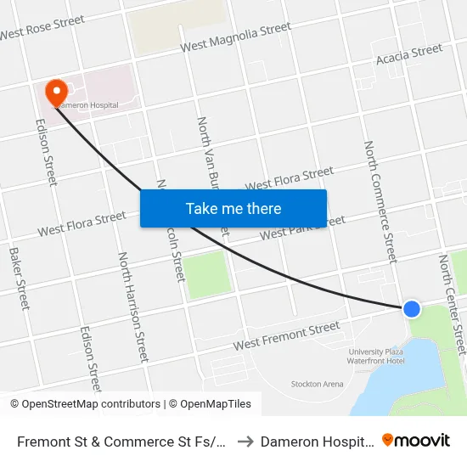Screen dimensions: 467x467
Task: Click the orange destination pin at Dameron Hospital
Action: pyautogui.click(x=57, y=92)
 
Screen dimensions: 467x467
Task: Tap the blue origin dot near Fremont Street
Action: pyautogui.click(x=412, y=308)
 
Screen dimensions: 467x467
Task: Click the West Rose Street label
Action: pyautogui.click(x=42, y=27)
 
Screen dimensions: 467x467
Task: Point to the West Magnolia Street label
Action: pyautogui.click(x=236, y=38)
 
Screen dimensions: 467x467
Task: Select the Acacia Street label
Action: pyautogui.click(x=409, y=55)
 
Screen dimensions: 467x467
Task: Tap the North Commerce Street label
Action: pyautogui.click(x=380, y=201)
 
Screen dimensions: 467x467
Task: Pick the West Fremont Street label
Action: pyautogui.click(x=286, y=336)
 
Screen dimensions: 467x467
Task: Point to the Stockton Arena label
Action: pyautogui.click(x=317, y=384)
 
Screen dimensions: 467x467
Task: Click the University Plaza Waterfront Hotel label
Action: pyautogui.click(x=376, y=356)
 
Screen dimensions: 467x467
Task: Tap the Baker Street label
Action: pyautogui.click(x=19, y=278)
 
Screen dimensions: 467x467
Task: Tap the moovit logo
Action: pyautogui.click(x=416, y=441)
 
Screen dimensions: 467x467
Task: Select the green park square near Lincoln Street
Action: pyautogui.click(x=209, y=275)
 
